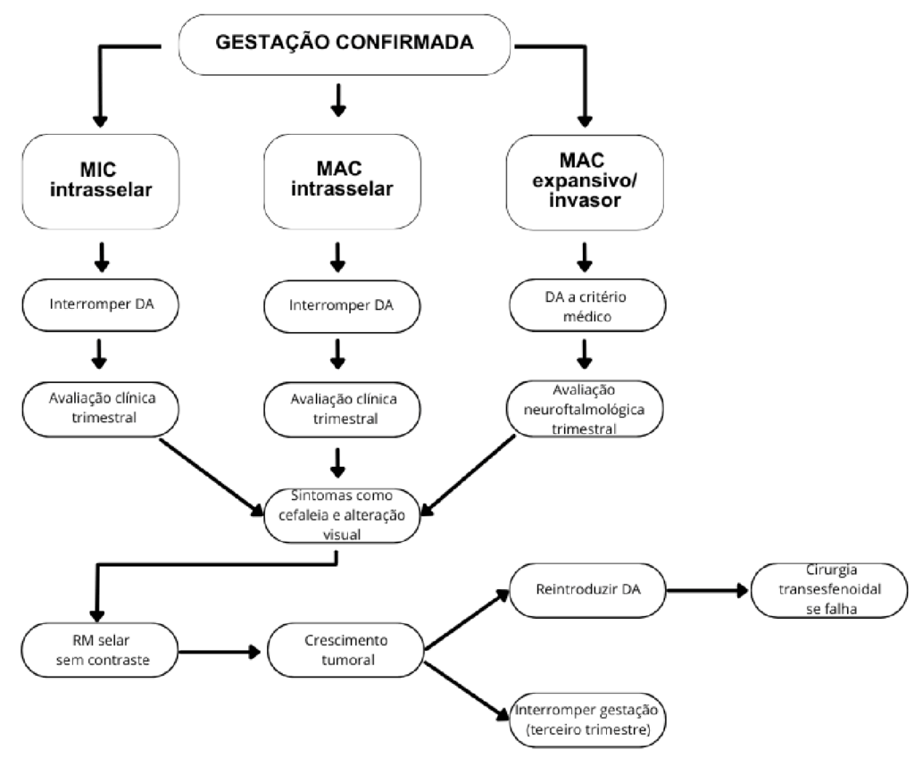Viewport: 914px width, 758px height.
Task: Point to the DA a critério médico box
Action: (x=585, y=307)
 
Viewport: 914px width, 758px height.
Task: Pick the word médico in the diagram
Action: (x=585, y=319)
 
